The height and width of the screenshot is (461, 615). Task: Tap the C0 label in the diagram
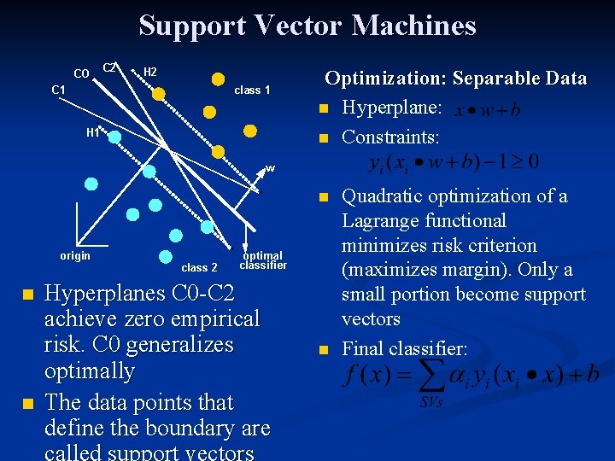[x=82, y=73]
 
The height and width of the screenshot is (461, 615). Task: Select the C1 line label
[x=59, y=89]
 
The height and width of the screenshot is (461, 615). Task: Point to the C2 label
[x=110, y=67]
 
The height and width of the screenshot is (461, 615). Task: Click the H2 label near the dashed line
[x=149, y=72]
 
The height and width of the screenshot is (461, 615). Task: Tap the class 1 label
[x=252, y=90]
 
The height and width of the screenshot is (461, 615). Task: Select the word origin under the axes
[x=75, y=255]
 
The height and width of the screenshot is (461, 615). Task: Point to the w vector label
[x=270, y=168]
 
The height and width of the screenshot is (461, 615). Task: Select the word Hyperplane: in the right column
[x=391, y=108]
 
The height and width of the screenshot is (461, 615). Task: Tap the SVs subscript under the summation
[x=430, y=401]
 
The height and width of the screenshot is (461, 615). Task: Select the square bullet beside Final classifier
[x=324, y=349]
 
